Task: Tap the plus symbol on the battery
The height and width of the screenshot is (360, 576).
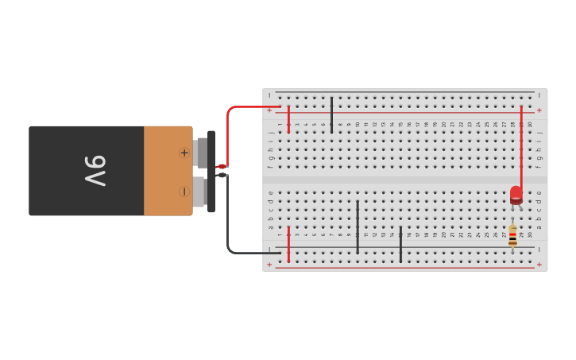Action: (x=184, y=153)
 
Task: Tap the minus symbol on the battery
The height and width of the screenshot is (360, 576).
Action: (x=184, y=192)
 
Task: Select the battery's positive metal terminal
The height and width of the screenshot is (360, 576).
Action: (x=201, y=152)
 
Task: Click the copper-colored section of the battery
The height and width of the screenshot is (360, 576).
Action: (x=168, y=171)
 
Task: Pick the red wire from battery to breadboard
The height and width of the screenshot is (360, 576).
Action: (x=229, y=127)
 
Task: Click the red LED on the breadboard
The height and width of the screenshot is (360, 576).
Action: (x=516, y=195)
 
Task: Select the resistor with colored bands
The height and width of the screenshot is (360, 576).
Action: (x=512, y=235)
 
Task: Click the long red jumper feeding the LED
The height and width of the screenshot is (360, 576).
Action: (x=521, y=147)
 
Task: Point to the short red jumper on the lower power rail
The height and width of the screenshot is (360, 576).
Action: (x=288, y=244)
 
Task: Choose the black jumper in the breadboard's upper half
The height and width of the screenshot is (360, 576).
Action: (x=331, y=110)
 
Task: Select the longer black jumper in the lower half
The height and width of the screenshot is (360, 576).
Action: (x=358, y=226)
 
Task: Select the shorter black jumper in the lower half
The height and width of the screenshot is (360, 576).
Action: (x=400, y=244)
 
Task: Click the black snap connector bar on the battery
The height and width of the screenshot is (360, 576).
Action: (x=211, y=171)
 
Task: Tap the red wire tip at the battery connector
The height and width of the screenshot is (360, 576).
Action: (x=221, y=166)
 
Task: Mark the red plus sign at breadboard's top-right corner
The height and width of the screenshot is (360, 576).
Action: (x=539, y=110)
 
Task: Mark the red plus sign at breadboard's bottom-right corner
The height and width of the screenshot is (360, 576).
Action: (x=539, y=265)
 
